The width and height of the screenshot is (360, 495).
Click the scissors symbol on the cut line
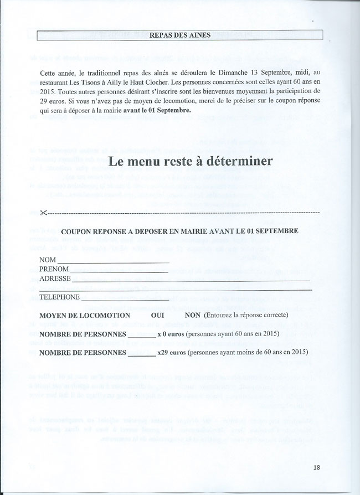pyautogui.click(x=45, y=213)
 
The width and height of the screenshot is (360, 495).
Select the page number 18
pyautogui.click(x=316, y=467)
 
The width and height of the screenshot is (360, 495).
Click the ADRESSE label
pyautogui.click(x=55, y=279)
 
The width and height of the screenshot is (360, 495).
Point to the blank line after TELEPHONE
pyautogui.click(x=127, y=299)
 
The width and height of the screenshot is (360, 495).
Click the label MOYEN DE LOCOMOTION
pyautogui.click(x=85, y=315)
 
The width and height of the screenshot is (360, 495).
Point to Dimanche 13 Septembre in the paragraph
pyautogui.click(x=255, y=73)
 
